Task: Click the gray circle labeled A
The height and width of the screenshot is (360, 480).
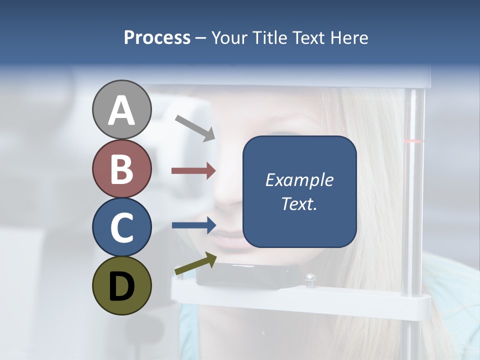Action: pyautogui.click(x=121, y=109)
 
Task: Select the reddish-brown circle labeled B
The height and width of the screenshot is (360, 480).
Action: pyautogui.click(x=121, y=168)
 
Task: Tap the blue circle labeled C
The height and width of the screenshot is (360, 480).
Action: pyautogui.click(x=121, y=227)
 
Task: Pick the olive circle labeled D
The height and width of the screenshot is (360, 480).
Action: pyautogui.click(x=121, y=286)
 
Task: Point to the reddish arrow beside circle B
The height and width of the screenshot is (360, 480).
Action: pyautogui.click(x=193, y=171)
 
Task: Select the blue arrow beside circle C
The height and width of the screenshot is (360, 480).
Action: pyautogui.click(x=194, y=225)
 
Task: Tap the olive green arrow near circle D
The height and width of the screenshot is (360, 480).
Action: pyautogui.click(x=195, y=264)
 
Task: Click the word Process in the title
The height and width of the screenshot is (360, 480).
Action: pyautogui.click(x=157, y=37)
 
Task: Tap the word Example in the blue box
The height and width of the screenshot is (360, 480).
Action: pyautogui.click(x=299, y=180)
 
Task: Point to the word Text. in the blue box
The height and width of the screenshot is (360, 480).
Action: pyautogui.click(x=299, y=203)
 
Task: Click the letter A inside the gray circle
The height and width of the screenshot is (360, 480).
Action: pyautogui.click(x=121, y=110)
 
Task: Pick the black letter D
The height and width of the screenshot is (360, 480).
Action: pyautogui.click(x=121, y=287)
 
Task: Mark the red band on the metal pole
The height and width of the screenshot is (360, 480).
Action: pyautogui.click(x=413, y=141)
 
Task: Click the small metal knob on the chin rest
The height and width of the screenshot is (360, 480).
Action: pyautogui.click(x=310, y=278)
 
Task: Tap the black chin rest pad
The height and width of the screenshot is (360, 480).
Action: pyautogui.click(x=250, y=275)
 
